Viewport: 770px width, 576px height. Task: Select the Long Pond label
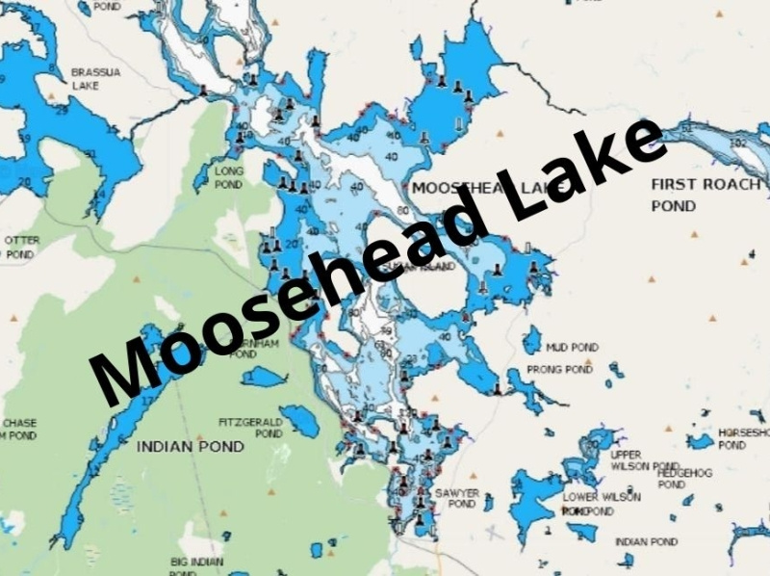point(229,177)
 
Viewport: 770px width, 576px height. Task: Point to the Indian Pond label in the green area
point(190,447)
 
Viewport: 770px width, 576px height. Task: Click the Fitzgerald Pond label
point(250,428)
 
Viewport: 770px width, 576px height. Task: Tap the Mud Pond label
point(572,347)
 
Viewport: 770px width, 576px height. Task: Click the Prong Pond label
point(559,369)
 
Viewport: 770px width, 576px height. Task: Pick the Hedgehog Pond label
point(684,479)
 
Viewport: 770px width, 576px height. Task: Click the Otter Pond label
point(19,247)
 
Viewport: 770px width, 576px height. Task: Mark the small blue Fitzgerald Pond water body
point(298,420)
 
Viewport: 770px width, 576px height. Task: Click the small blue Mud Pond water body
point(531,340)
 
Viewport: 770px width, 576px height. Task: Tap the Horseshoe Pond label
point(743,438)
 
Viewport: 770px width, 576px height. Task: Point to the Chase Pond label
point(19,430)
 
